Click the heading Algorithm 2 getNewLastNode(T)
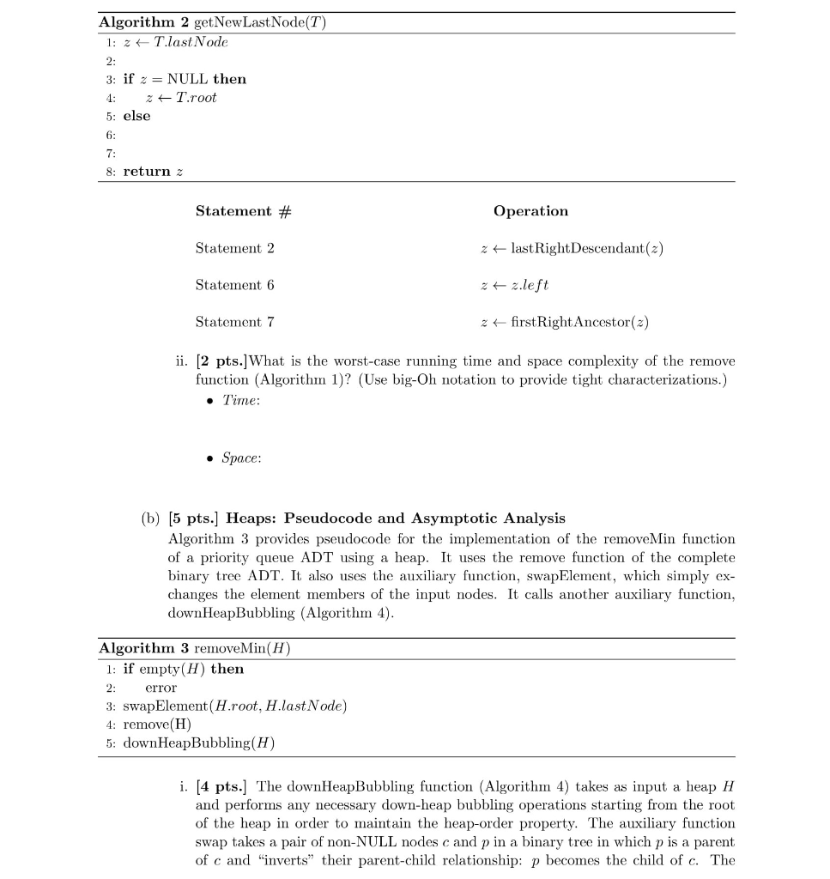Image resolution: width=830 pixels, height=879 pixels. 212,23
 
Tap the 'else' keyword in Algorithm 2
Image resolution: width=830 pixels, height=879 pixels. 136,116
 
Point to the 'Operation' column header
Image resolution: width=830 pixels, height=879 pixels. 530,211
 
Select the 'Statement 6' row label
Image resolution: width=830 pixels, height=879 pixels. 234,285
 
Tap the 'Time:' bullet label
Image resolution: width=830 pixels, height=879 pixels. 239,401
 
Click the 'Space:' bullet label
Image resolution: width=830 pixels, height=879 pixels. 241,458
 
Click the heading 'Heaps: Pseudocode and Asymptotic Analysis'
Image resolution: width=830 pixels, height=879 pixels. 395,518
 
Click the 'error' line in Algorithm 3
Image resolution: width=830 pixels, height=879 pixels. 161,688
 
